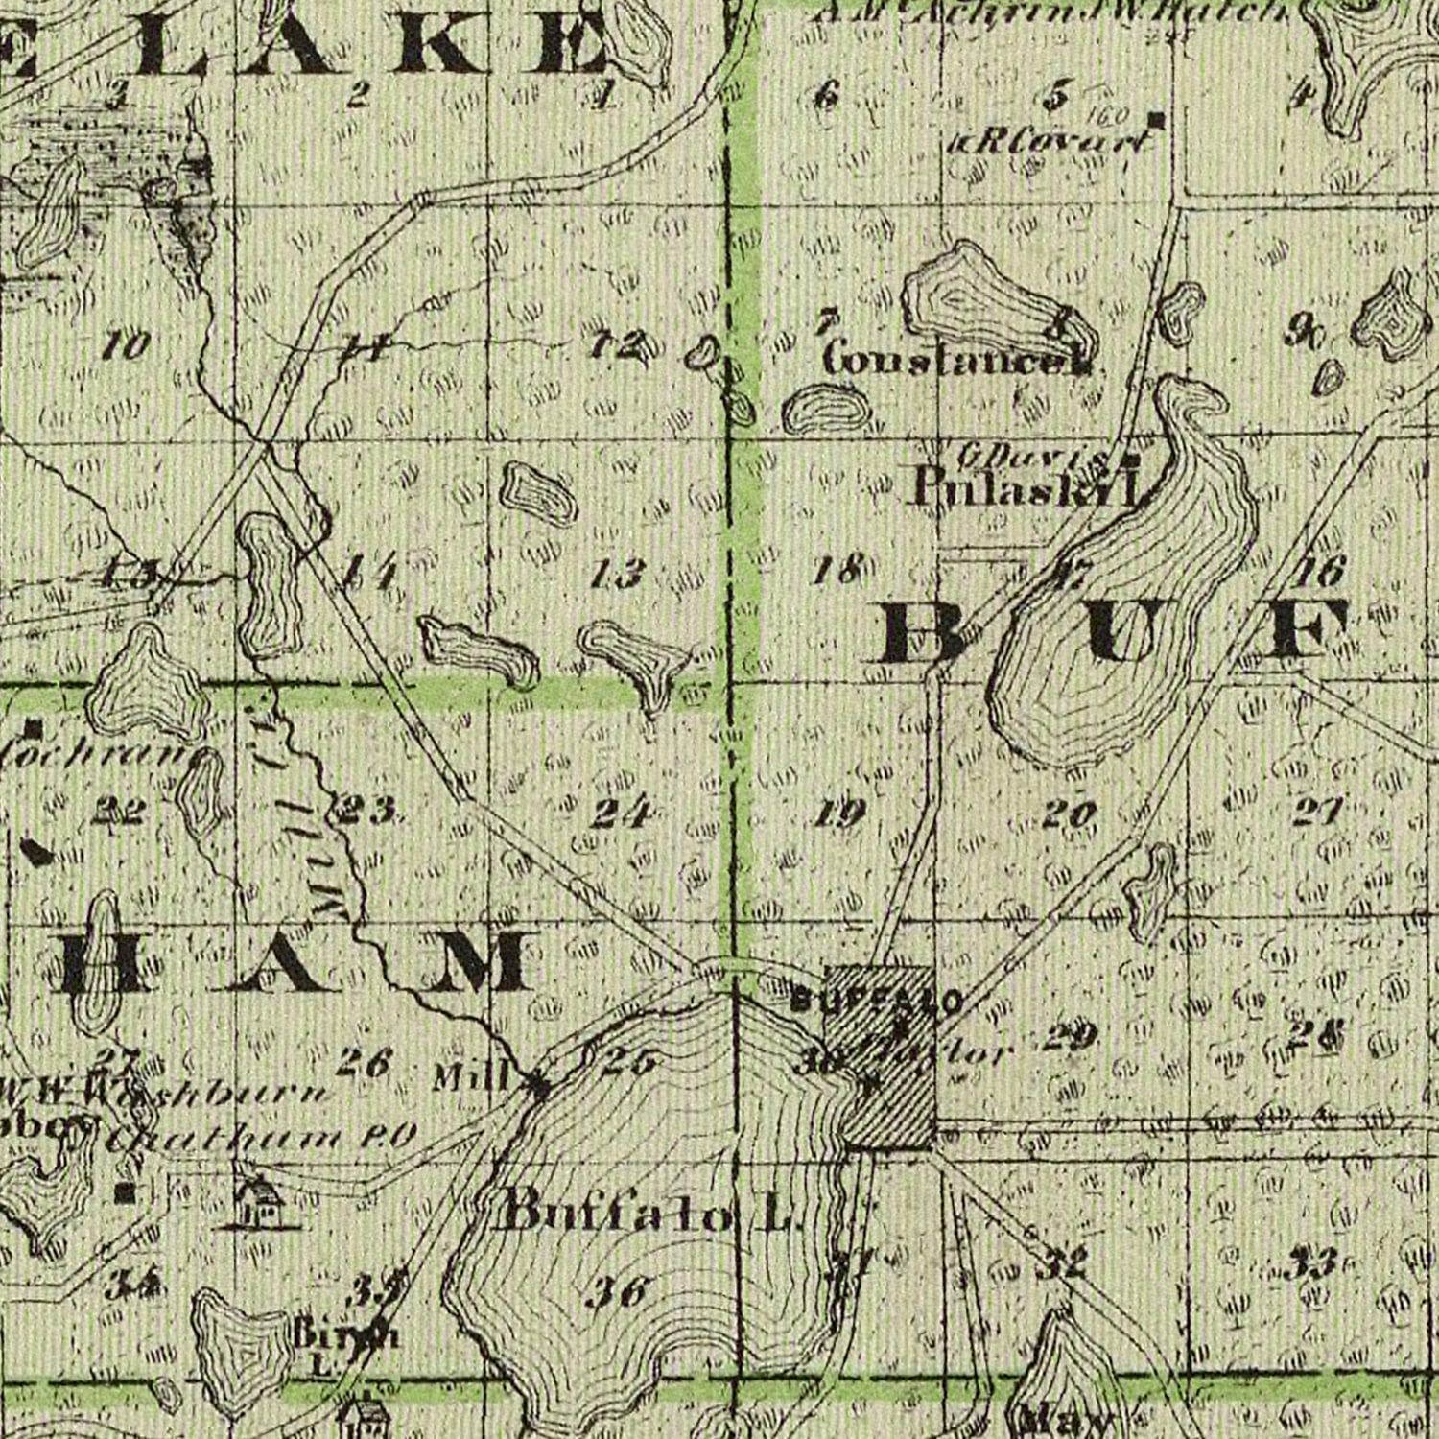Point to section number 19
(841, 814)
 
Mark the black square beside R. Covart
(1157, 120)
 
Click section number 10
(126, 343)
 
